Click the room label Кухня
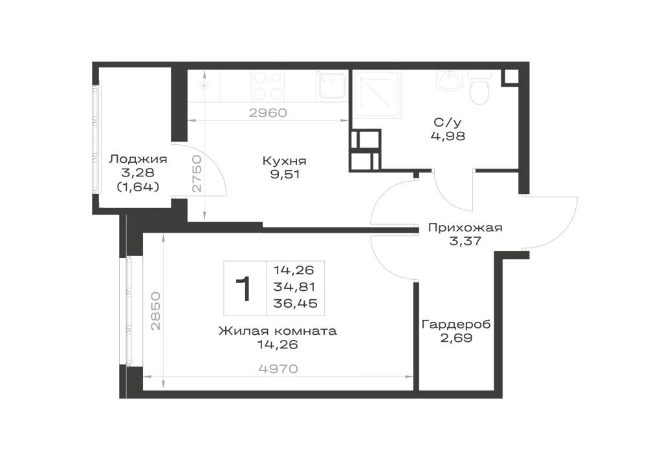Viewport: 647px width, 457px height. coord(284,160)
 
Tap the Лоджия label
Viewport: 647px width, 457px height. coord(138,159)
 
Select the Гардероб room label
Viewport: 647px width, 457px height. coord(456,324)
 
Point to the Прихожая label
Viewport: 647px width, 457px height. coord(465,228)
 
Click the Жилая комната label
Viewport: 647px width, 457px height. coord(278,331)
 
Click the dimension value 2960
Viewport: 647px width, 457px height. coord(268,112)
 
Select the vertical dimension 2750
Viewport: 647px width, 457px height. coord(197,173)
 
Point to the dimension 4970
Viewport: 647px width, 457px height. coord(278,368)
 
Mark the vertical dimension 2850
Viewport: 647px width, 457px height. coord(155,311)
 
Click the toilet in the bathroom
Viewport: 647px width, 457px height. coord(479,87)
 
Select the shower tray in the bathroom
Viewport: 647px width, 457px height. coord(377,95)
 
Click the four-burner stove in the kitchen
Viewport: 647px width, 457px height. coord(269,85)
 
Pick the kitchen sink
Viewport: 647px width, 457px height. coord(331,85)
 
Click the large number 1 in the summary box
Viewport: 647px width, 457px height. coord(243,289)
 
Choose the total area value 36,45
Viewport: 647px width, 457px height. coord(296,304)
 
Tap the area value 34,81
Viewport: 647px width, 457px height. coord(294,286)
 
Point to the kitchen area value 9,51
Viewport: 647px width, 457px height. coord(285,175)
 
